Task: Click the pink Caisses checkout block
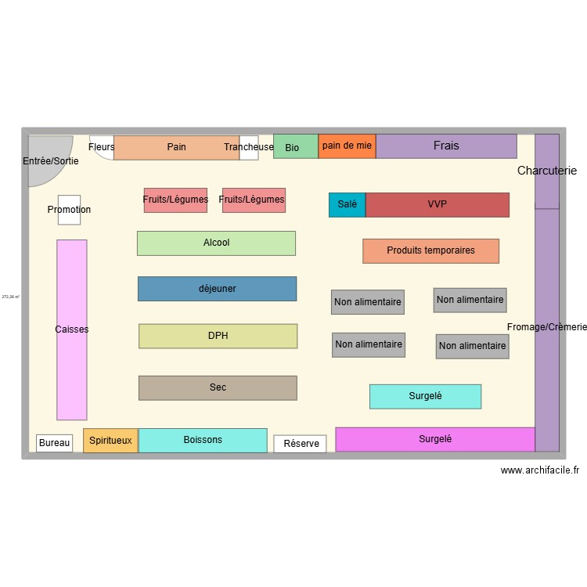(71, 330)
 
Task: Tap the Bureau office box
(54, 443)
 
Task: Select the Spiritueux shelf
(110, 441)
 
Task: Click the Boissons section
(203, 441)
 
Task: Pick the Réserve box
(301, 444)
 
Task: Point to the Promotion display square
(69, 210)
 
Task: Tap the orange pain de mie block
(347, 146)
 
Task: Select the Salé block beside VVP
(347, 204)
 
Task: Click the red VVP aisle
(437, 204)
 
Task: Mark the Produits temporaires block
(430, 250)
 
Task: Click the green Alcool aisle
(216, 243)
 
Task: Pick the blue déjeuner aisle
(217, 289)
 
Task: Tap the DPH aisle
(218, 336)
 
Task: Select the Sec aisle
(218, 387)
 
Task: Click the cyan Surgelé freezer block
(425, 396)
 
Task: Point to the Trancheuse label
(249, 147)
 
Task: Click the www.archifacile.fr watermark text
(540, 470)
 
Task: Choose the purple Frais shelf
(446, 146)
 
